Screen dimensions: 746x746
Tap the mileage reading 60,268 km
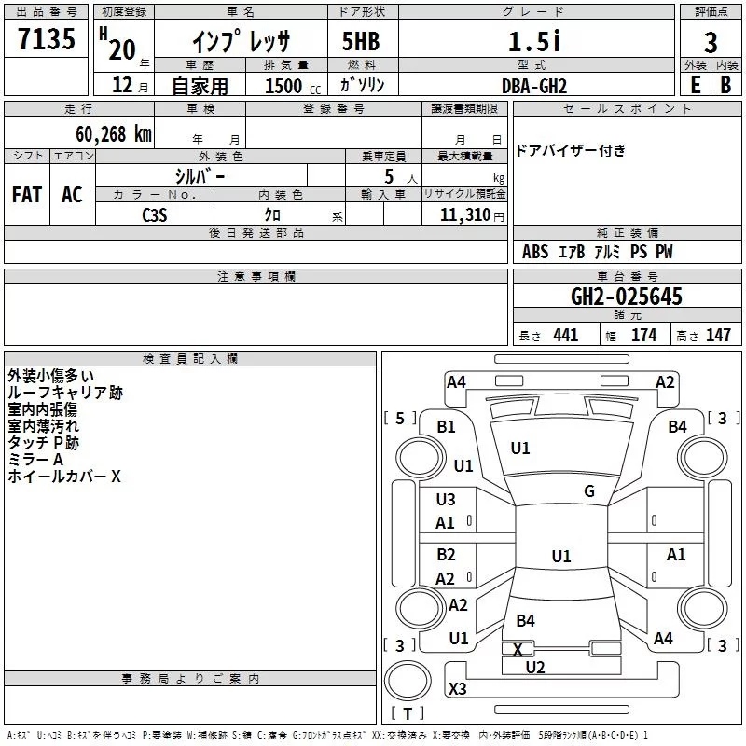pyautogui.click(x=113, y=134)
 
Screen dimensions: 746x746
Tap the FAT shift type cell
pyautogui.click(x=26, y=194)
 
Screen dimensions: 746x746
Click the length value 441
pyautogui.click(x=565, y=336)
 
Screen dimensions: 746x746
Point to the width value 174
pyautogui.click(x=643, y=336)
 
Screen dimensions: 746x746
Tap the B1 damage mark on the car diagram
pyautogui.click(x=447, y=427)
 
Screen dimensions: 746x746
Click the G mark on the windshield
pyautogui.click(x=588, y=491)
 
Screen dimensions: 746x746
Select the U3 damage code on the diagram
pyautogui.click(x=446, y=500)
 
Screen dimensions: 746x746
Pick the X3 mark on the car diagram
pyautogui.click(x=457, y=689)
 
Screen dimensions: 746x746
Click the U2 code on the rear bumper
pyautogui.click(x=534, y=667)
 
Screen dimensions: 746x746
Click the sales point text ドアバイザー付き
pyautogui.click(x=571, y=150)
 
